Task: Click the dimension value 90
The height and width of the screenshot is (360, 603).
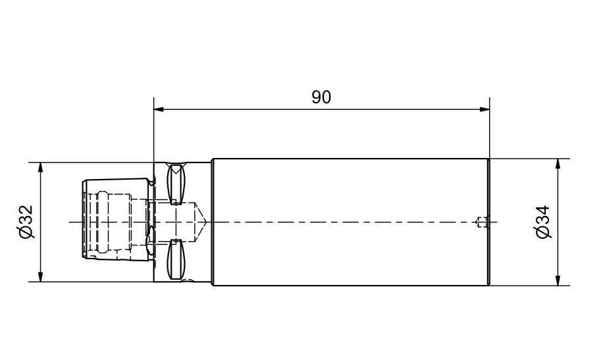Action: (321, 97)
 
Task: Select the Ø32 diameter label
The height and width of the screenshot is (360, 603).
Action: (26, 222)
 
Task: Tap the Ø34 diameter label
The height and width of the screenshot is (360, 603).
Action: (543, 222)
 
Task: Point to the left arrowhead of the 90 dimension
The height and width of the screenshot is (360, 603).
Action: (159, 110)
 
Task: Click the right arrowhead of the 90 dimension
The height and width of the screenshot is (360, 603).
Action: (485, 110)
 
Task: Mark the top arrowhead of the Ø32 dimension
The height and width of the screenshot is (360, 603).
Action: (40, 167)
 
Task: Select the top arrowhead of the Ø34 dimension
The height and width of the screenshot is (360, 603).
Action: (558, 163)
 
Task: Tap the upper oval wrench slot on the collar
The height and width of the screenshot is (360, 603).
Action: (176, 184)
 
